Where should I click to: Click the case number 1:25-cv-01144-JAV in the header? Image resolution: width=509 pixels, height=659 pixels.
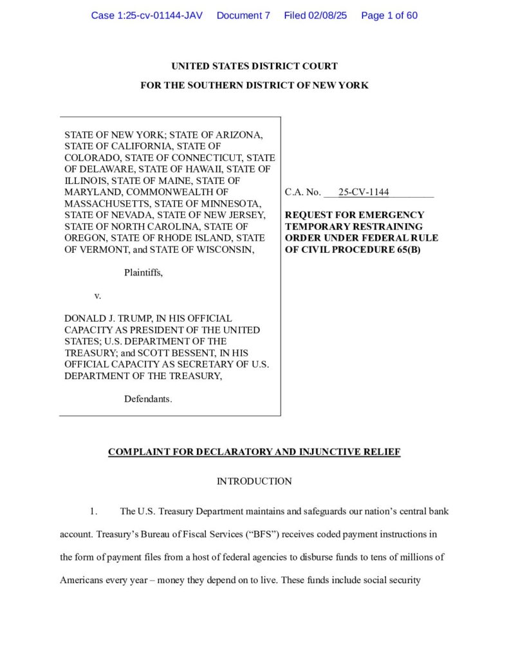[147, 15]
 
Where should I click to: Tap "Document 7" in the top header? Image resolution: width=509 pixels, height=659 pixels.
[243, 15]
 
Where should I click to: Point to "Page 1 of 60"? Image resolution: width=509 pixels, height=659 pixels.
[389, 15]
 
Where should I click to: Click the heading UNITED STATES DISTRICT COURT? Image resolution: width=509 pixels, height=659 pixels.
[254, 66]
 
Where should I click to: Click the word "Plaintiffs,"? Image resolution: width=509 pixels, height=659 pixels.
[143, 273]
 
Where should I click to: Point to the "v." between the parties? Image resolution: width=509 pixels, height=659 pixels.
[98, 296]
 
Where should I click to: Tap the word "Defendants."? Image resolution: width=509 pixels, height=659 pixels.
[148, 399]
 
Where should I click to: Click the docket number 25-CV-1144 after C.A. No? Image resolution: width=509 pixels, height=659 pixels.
[364, 192]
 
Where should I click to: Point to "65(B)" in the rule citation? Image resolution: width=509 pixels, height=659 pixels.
[405, 250]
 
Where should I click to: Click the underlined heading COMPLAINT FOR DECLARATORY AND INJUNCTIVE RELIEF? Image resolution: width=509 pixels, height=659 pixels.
[254, 452]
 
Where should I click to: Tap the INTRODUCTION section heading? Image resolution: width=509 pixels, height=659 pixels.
[254, 481]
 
